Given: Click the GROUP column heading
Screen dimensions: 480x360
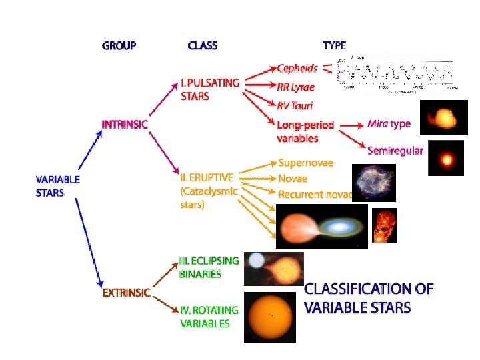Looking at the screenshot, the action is point(119,46).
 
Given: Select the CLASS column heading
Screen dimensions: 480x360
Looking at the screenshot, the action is point(203,46).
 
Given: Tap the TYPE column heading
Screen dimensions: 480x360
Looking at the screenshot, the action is point(334,46).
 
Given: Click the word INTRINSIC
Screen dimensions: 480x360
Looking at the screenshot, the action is point(125,124).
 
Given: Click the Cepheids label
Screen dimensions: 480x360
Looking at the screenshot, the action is point(297,68).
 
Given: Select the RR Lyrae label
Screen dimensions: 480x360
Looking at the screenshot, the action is point(296,87).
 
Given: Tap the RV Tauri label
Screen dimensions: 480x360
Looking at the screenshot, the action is point(295,105).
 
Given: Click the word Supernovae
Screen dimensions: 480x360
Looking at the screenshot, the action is point(305,163).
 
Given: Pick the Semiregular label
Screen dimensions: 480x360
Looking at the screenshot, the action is point(395,151).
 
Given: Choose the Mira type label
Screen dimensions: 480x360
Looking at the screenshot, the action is point(389,124).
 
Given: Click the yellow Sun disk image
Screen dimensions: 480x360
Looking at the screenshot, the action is point(269,317).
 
